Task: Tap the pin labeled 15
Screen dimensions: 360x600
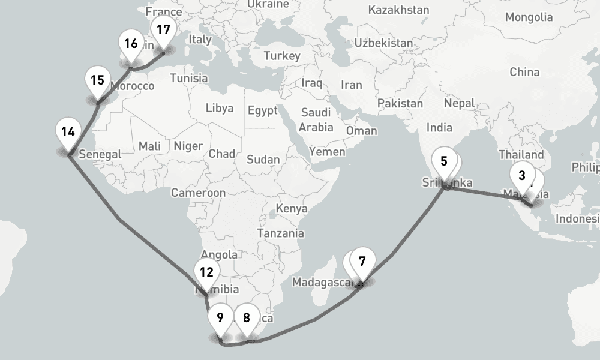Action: click(x=98, y=83)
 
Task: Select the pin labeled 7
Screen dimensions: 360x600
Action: click(x=362, y=263)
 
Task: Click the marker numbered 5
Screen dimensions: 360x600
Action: click(x=444, y=164)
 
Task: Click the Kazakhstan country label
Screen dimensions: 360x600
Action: click(x=398, y=10)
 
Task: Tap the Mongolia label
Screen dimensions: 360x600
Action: click(x=528, y=17)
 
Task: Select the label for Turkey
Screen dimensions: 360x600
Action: click(x=281, y=56)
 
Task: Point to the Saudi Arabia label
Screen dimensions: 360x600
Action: click(x=316, y=119)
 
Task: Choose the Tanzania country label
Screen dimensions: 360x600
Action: click(x=280, y=233)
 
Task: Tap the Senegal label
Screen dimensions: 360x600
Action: click(x=100, y=154)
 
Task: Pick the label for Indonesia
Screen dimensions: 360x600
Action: click(x=577, y=218)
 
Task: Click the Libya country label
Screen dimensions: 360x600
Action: click(x=220, y=109)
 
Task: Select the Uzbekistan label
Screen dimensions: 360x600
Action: click(x=383, y=43)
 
